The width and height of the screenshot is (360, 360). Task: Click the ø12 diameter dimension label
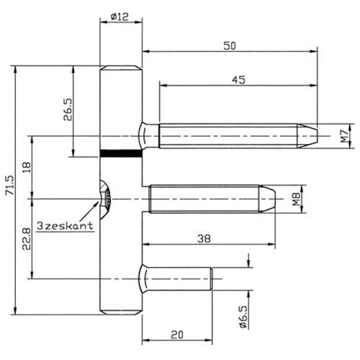tap(120, 17)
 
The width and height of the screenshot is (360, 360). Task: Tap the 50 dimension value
tap(230, 46)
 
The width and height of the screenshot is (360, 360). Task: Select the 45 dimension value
tap(239, 80)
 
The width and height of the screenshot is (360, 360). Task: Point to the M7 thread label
tap(344, 136)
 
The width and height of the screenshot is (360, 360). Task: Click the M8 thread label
tap(297, 199)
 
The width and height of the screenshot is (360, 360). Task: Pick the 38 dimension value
tap(204, 238)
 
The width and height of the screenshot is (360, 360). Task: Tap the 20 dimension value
tap(177, 335)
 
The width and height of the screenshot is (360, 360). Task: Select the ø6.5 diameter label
tap(243, 317)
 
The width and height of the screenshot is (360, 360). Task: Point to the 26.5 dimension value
tap(68, 109)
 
